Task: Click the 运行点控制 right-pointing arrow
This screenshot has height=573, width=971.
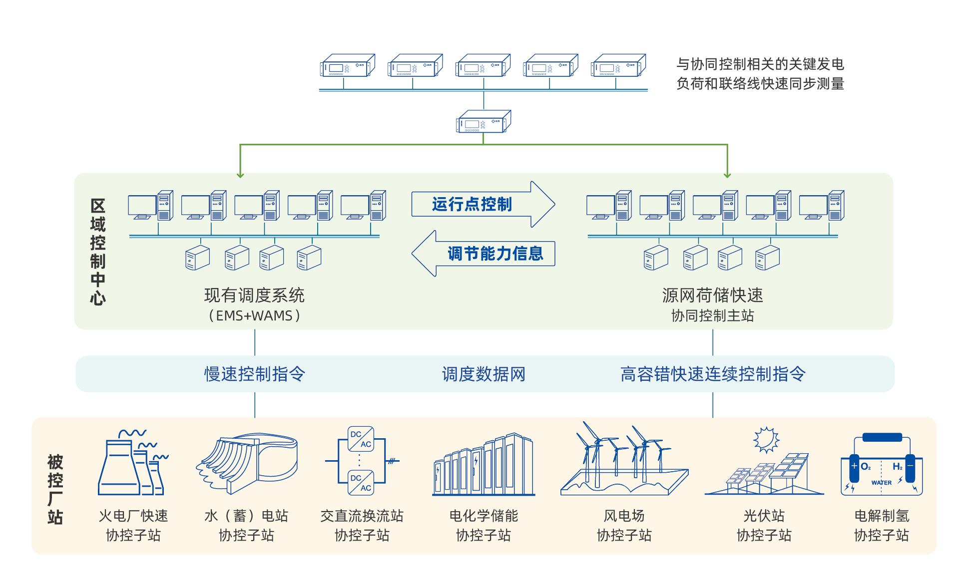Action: tap(483, 204)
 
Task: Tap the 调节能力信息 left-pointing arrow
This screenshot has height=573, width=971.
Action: tap(484, 254)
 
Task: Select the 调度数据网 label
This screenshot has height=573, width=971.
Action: tap(484, 374)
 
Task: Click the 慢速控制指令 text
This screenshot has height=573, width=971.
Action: tap(255, 374)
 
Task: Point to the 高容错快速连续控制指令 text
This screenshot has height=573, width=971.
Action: tap(713, 374)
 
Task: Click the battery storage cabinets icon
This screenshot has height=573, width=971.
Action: tap(484, 467)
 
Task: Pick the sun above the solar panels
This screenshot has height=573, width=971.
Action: tap(766, 440)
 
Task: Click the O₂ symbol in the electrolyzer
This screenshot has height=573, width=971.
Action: tap(866, 467)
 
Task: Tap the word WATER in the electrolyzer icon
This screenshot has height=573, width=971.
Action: tap(881, 483)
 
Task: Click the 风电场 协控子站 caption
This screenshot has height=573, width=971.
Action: tap(624, 526)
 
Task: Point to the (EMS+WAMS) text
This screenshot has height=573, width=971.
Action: tap(255, 315)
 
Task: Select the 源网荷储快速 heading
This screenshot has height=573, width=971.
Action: tap(713, 295)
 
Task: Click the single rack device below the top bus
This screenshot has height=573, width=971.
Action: tap(483, 122)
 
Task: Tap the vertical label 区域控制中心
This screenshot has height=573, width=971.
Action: tap(97, 252)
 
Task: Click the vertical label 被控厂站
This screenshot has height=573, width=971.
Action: tap(55, 489)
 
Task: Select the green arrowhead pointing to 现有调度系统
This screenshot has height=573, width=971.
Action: tap(240, 175)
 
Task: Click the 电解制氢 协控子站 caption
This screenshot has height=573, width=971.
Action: tap(882, 526)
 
